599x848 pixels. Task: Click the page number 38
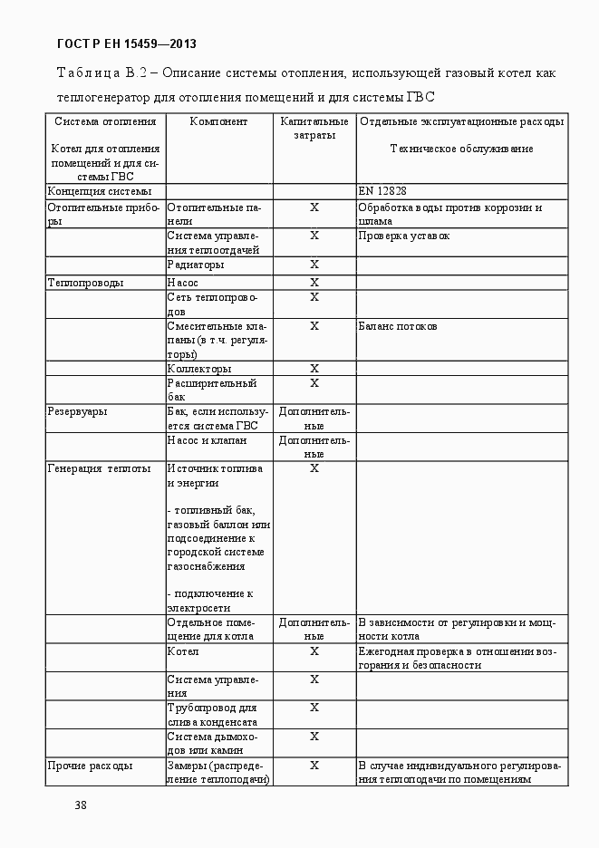(81, 805)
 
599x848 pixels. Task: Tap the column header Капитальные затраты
(314, 128)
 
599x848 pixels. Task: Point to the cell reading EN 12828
(382, 191)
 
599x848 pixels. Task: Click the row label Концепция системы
(99, 191)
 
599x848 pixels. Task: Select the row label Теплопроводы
(85, 283)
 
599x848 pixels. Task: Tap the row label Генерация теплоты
(99, 468)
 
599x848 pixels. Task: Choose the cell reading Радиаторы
(196, 265)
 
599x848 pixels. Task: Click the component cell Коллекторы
(199, 369)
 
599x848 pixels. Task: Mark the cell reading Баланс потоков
(398, 326)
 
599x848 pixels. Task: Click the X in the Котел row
(314, 650)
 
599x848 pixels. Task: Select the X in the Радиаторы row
(314, 265)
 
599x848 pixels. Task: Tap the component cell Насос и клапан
(208, 440)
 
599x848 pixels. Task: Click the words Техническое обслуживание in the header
(461, 149)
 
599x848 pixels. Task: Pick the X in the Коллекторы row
(314, 369)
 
